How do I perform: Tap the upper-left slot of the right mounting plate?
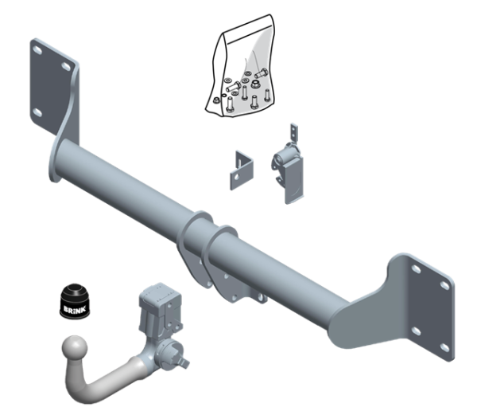coord(413,271)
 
